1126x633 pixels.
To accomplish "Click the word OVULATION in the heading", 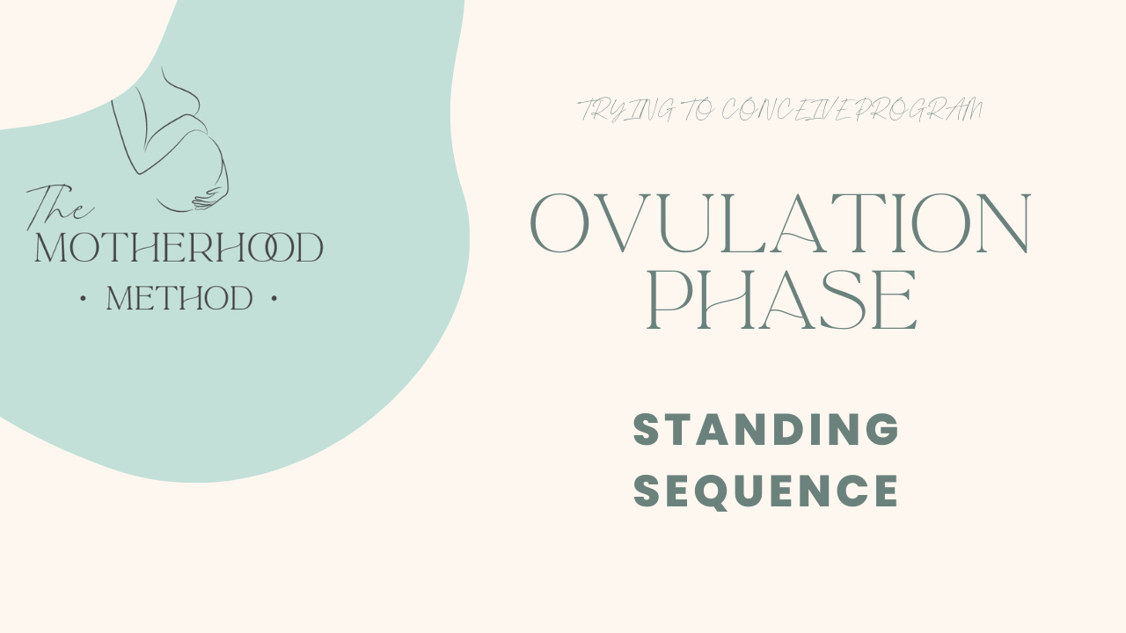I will click(x=780, y=224).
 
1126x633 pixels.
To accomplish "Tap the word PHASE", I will click(x=782, y=302).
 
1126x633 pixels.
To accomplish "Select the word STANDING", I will click(x=766, y=429).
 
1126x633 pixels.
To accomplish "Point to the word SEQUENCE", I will click(x=766, y=491).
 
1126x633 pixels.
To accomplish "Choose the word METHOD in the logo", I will click(x=179, y=299).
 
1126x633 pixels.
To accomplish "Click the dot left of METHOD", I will click(x=83, y=300).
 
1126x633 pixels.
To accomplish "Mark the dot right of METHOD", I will click(x=274, y=300).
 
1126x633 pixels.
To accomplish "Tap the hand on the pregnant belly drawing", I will click(x=208, y=199).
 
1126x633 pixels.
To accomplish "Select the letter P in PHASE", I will click(x=673, y=302).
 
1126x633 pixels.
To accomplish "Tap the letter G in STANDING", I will click(x=881, y=429).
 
